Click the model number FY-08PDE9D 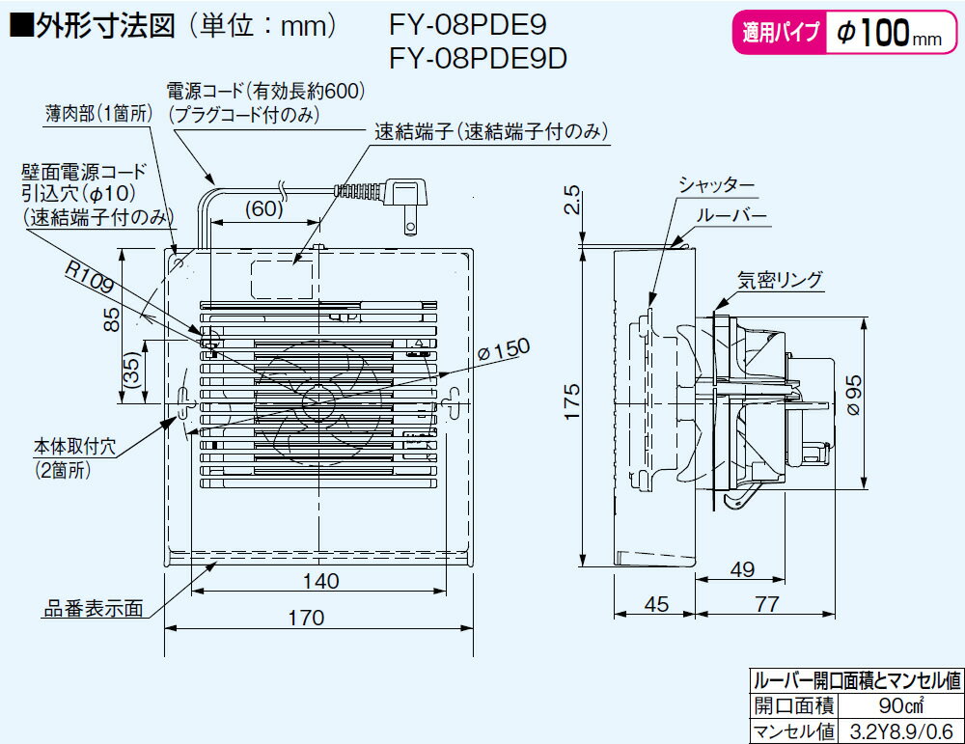[x=477, y=59]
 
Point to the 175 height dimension [x=572, y=402]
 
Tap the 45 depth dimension [x=656, y=605]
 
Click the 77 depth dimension [x=767, y=605]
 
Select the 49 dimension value [x=742, y=569]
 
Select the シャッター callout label [x=716, y=184]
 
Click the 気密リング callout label [x=781, y=280]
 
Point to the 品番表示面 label [x=94, y=610]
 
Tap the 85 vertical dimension [x=112, y=318]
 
